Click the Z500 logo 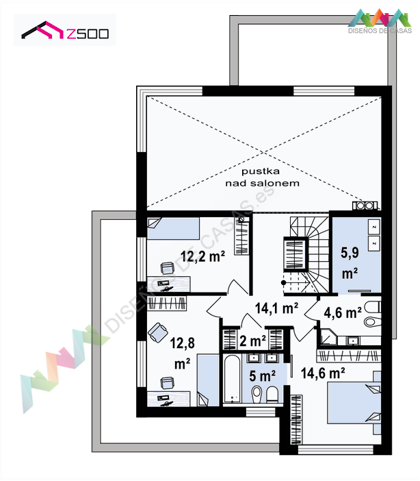[x=65, y=30]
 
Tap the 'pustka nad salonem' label [x=262, y=177]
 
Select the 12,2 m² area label [x=202, y=256]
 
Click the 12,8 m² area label [x=182, y=353]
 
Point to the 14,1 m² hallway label [x=276, y=308]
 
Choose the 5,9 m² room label [x=350, y=263]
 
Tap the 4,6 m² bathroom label [x=343, y=312]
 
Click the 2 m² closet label [x=252, y=341]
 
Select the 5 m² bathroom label [x=262, y=375]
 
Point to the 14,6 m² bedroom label [x=323, y=373]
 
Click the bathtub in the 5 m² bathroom [x=232, y=379]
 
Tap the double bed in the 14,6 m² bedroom [x=354, y=402]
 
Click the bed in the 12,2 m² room [x=173, y=229]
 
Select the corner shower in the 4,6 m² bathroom [x=328, y=337]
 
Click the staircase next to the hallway [x=306, y=255]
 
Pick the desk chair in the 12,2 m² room [x=168, y=268]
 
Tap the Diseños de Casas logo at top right [x=380, y=21]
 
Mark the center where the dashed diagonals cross [x=264, y=152]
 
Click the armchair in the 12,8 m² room [x=158, y=332]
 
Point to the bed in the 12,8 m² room [x=208, y=380]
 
